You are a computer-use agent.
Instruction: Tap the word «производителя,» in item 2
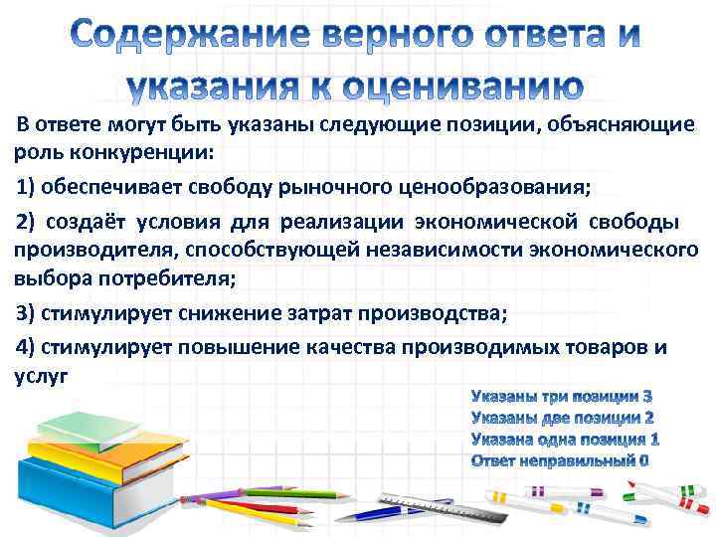coord(95,249)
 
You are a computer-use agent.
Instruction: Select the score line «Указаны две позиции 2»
coord(563,418)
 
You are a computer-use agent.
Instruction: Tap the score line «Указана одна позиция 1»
coord(565,439)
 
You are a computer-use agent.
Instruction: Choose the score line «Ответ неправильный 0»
coord(560,459)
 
